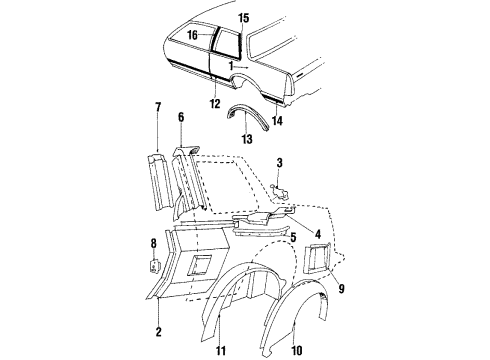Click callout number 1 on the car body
230,64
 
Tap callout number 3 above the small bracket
280,163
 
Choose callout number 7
157,106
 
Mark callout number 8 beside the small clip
153,243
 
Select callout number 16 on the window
192,33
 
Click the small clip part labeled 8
155,265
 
